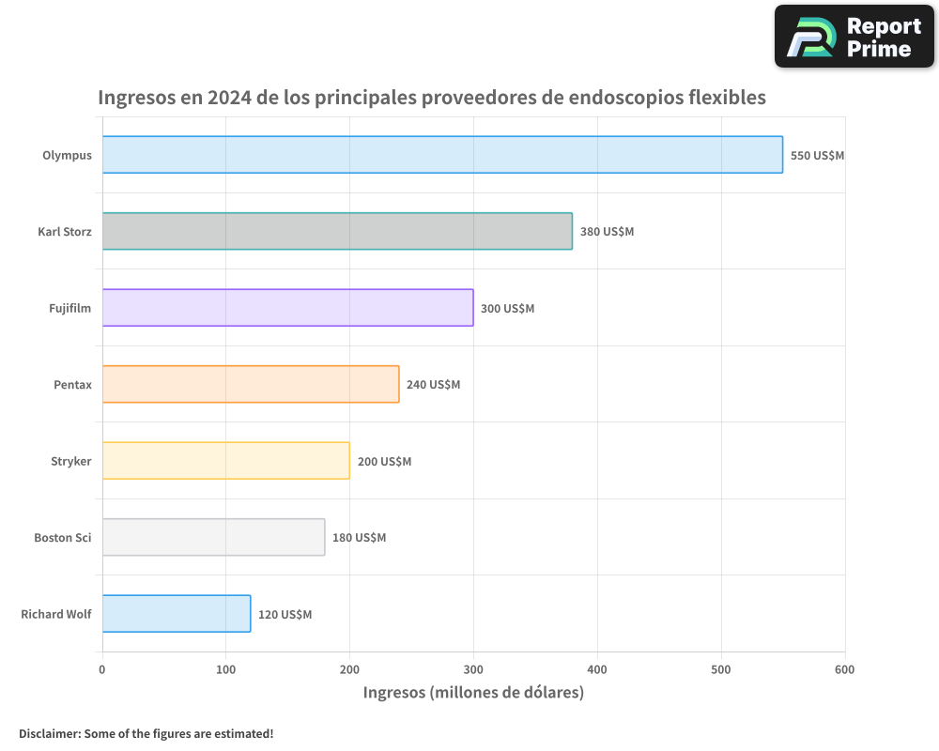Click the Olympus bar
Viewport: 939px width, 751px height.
442,155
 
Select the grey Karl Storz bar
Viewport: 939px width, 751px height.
337,231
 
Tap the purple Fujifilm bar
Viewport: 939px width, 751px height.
287,308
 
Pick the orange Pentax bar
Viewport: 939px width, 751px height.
251,384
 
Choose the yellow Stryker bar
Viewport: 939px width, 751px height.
225,461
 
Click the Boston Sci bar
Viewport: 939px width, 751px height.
213,537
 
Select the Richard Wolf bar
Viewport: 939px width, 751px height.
177,614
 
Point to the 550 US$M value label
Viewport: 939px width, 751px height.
817,156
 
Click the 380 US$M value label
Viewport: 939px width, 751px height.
607,232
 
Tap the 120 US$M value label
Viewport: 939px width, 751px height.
285,615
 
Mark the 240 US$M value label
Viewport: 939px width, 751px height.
433,385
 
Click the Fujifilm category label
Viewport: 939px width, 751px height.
70,308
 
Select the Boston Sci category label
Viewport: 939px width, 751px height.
63,538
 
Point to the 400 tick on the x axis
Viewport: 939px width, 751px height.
597,669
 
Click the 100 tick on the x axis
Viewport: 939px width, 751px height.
225,669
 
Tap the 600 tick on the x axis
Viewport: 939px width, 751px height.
845,669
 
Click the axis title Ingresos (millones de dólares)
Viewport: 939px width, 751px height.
473,693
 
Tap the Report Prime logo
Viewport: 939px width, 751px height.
854,37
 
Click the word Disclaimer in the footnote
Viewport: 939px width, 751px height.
49,733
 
